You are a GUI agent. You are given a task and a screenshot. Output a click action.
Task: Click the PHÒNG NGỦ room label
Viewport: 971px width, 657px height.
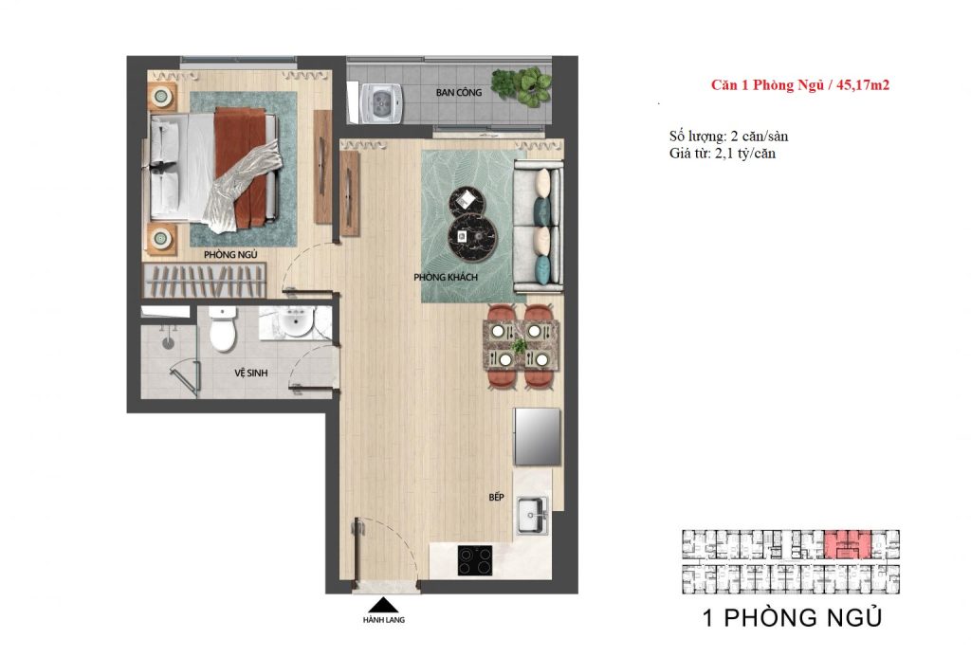[230, 255]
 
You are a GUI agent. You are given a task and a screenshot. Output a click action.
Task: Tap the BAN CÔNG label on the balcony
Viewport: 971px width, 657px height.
[459, 93]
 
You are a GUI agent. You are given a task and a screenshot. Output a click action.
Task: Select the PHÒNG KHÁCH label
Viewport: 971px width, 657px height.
[444, 277]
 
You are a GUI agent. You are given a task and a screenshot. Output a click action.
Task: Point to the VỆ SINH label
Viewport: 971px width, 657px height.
[251, 374]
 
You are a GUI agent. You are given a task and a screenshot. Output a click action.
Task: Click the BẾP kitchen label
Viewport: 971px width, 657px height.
[497, 497]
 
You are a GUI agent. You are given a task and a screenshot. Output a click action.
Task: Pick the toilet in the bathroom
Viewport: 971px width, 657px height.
[221, 329]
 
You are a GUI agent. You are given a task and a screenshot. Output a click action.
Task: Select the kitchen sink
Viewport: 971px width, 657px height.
[534, 516]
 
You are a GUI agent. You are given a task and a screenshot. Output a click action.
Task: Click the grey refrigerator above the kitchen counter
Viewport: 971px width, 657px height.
[537, 437]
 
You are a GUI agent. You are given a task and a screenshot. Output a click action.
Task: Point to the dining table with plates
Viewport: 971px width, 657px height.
[521, 344]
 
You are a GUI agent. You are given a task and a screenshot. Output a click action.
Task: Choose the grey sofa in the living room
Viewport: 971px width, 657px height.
[538, 228]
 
